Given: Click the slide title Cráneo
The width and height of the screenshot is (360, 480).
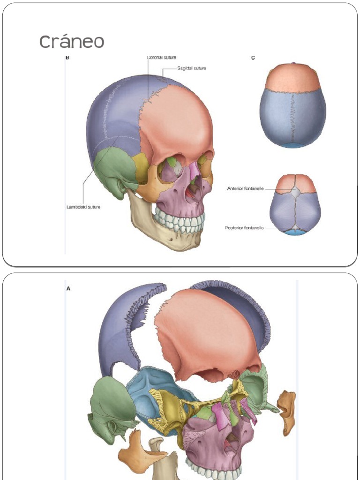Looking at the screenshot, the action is (72, 42).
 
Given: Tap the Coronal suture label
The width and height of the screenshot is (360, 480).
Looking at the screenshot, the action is (162, 57).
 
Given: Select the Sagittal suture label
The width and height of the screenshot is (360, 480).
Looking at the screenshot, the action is (192, 68).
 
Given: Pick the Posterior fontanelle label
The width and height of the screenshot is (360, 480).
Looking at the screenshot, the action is (244, 228).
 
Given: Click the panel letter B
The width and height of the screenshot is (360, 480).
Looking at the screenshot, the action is (67, 58).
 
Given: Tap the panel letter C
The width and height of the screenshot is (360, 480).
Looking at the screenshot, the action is (253, 58).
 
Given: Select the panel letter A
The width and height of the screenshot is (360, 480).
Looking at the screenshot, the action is (68, 289).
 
